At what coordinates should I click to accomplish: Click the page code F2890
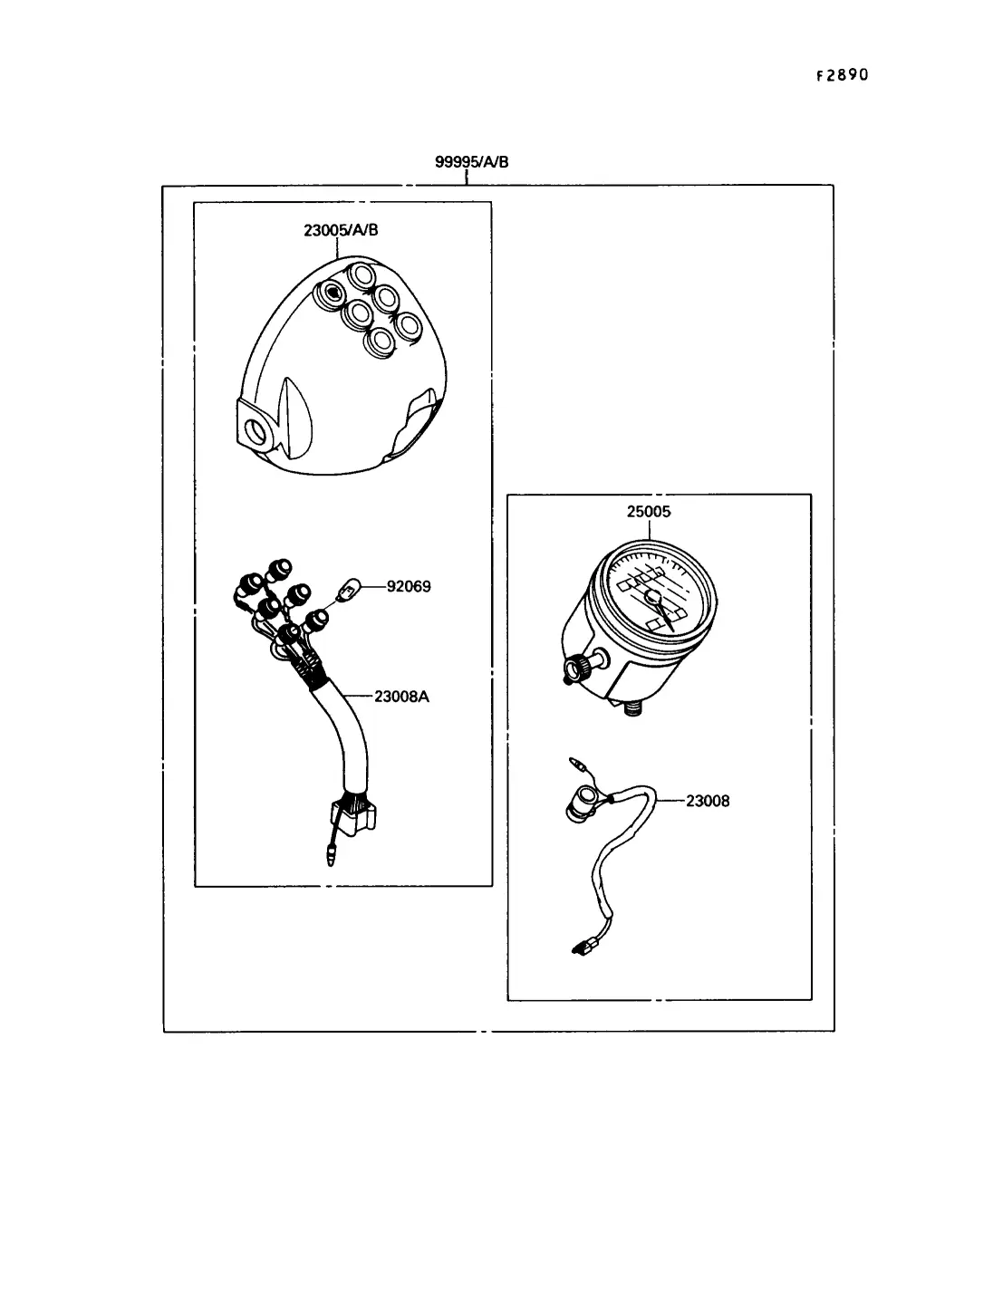842,75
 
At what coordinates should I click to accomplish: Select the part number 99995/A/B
471,162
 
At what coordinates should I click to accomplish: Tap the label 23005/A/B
341,230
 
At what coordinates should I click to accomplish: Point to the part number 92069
409,586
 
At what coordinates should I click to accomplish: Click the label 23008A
401,697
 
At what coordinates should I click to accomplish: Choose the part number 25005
649,512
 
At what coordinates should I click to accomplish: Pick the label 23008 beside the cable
708,801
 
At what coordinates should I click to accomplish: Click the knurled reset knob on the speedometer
576,669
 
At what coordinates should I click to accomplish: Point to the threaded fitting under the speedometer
631,707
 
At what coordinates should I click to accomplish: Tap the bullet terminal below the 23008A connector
333,852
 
